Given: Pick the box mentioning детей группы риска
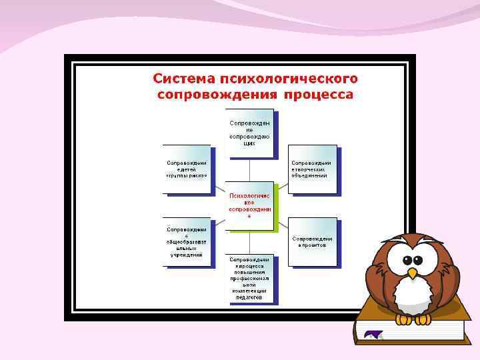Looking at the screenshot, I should pyautogui.click(x=187, y=169).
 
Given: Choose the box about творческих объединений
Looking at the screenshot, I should pyautogui.click(x=312, y=169).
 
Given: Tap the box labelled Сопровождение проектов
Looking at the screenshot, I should pyautogui.click(x=312, y=241).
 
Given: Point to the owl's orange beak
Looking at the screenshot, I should pyautogui.click(x=413, y=273).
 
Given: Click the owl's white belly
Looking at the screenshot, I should pyautogui.click(x=413, y=296).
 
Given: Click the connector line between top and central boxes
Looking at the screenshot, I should pyautogui.click(x=249, y=169).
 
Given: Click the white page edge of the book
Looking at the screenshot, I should pyautogui.click(x=413, y=334).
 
